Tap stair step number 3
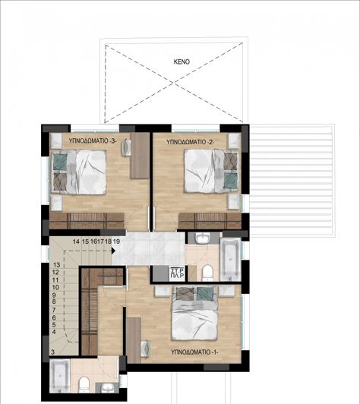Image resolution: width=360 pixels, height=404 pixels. point(52,352)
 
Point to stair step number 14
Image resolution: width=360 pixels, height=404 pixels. point(76,241)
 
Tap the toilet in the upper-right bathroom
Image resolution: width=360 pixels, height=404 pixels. point(207,272)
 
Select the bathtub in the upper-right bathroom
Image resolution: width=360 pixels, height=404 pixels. point(229,258)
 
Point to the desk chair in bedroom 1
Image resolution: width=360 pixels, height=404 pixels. point(146,347)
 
